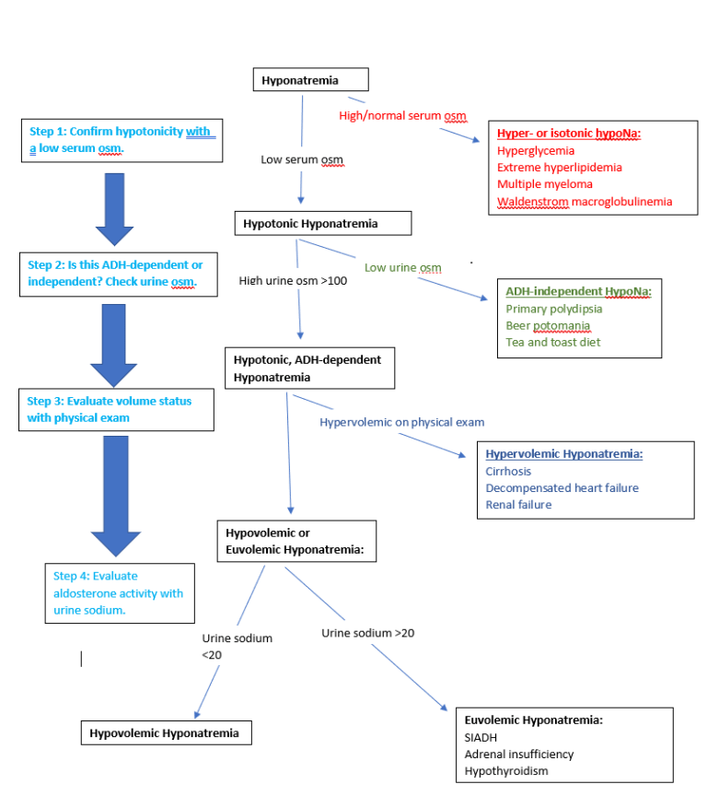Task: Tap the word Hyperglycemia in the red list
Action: (x=535, y=150)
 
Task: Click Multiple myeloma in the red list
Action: (x=544, y=184)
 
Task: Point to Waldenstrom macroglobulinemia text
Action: (x=585, y=202)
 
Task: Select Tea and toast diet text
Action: (x=554, y=342)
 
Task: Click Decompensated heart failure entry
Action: (x=562, y=487)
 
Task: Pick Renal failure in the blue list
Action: (x=518, y=504)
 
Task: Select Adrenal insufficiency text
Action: (x=518, y=754)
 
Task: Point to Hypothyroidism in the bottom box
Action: (x=507, y=770)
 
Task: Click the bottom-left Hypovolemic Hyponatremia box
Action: (x=166, y=733)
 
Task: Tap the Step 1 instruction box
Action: (x=122, y=140)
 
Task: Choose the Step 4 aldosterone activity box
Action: (x=120, y=593)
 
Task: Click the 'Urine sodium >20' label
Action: (x=367, y=633)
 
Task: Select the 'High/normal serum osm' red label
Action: (x=402, y=116)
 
